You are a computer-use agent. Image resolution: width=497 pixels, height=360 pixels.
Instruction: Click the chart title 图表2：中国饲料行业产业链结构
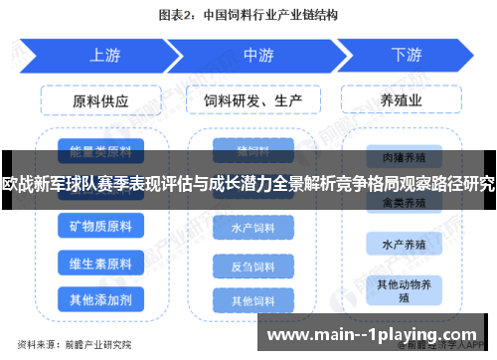(x=248, y=16)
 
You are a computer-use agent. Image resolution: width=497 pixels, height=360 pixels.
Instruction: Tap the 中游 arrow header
(x=258, y=56)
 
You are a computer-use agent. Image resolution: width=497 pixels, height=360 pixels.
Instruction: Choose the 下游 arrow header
(x=407, y=56)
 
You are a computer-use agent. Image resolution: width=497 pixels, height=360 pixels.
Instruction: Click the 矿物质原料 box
(x=100, y=227)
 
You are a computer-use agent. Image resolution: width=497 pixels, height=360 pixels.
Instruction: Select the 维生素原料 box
(x=100, y=264)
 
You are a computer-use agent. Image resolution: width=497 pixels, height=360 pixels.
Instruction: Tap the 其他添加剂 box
(x=100, y=298)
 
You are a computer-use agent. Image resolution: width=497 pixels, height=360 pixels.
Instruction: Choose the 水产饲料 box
(x=252, y=228)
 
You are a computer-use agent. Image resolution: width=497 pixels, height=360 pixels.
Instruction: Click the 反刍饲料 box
(x=252, y=267)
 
